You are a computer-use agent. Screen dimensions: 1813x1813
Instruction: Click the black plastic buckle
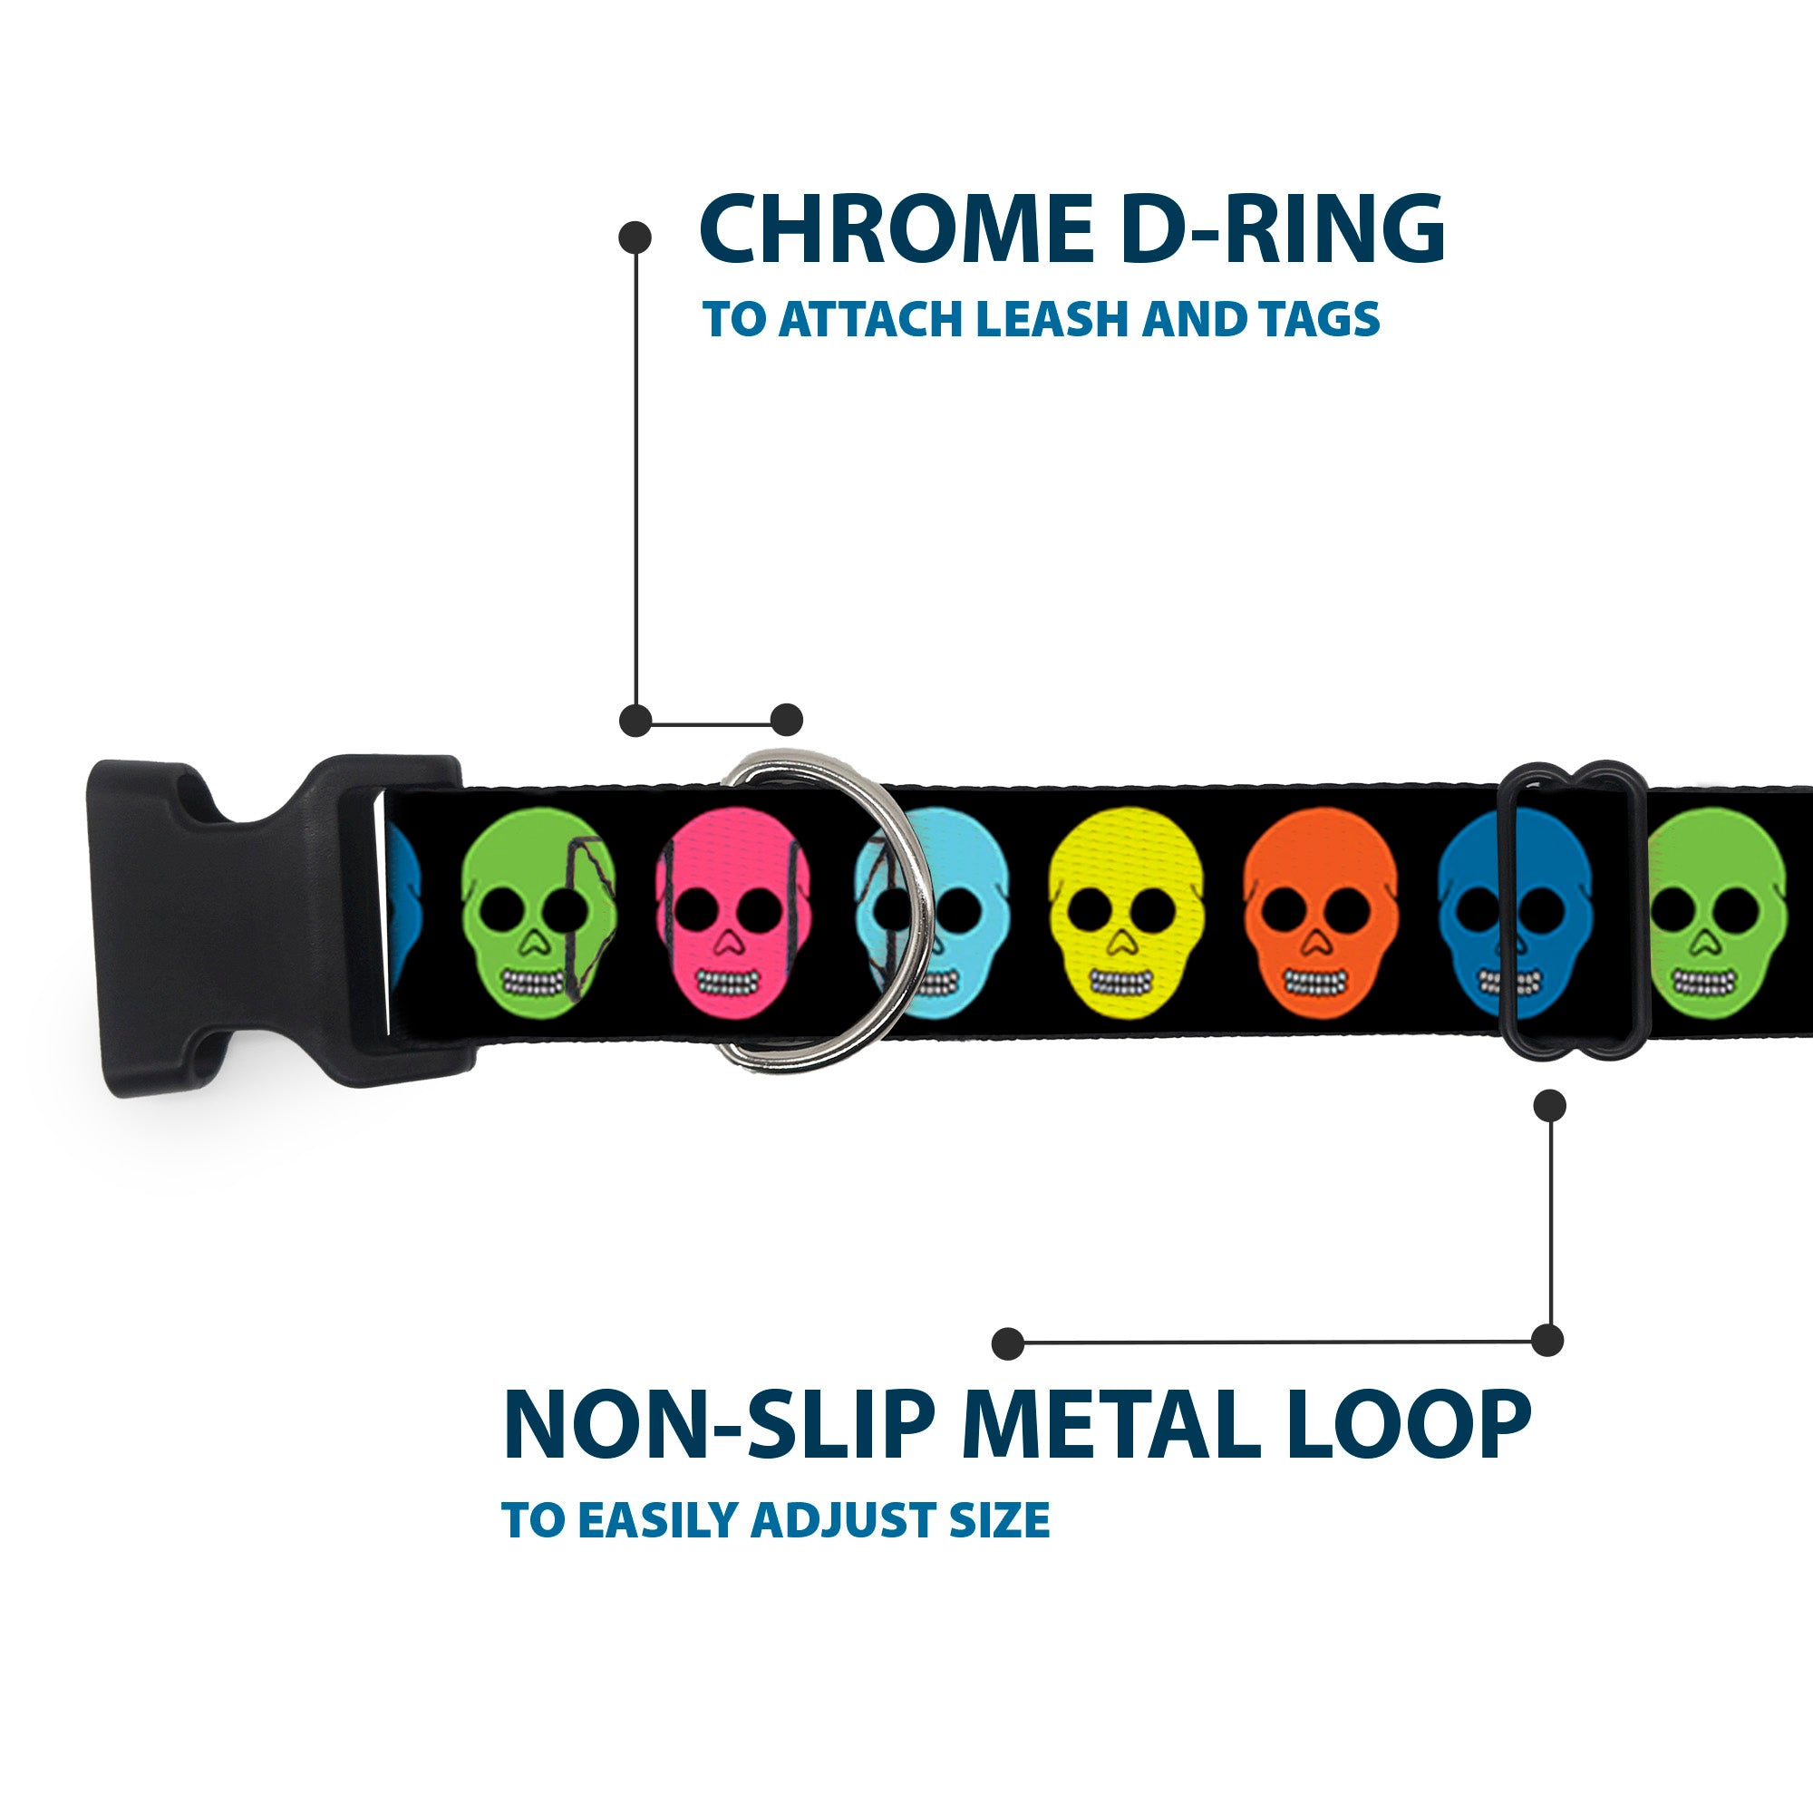click(x=235, y=926)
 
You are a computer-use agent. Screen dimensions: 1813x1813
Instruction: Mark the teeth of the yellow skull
click(x=1120, y=983)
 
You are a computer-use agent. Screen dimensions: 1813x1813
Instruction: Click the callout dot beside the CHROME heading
click(x=635, y=237)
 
